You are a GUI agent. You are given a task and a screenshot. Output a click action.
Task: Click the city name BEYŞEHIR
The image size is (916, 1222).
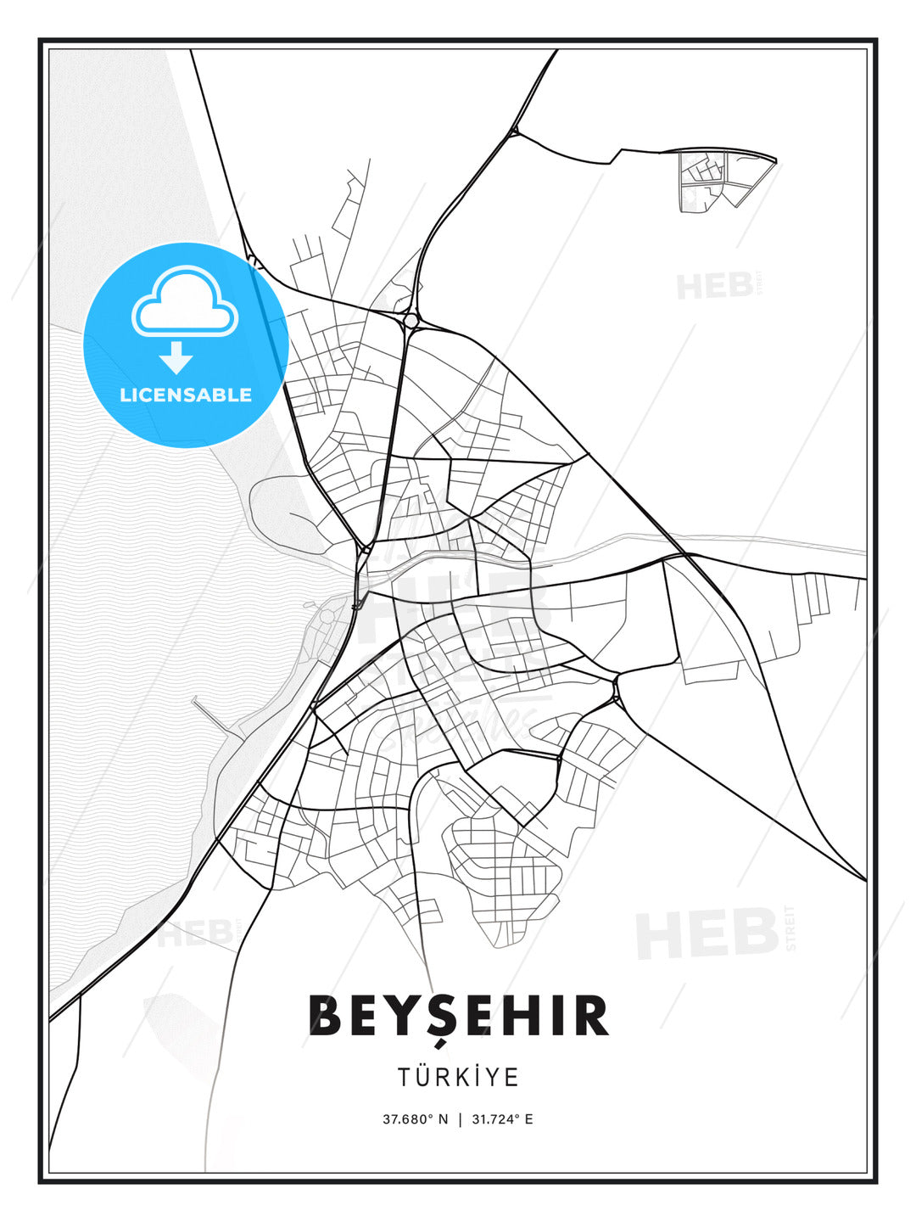[458, 1016]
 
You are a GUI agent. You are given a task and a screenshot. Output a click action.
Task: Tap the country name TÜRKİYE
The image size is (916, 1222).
[458, 1077]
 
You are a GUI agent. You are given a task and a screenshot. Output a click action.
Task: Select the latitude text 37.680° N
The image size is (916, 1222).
[415, 1119]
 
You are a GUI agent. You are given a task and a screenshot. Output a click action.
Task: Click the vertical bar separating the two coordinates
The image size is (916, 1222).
[460, 1119]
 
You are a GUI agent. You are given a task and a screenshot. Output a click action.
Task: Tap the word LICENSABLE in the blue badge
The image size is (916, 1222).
[186, 395]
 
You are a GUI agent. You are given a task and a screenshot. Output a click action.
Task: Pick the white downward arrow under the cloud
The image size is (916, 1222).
[176, 357]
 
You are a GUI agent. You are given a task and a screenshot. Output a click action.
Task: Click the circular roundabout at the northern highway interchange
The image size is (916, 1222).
[411, 320]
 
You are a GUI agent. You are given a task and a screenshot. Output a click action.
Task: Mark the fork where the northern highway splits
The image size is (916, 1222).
[514, 132]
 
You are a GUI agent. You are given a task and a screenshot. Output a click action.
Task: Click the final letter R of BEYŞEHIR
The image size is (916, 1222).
[591, 1016]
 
